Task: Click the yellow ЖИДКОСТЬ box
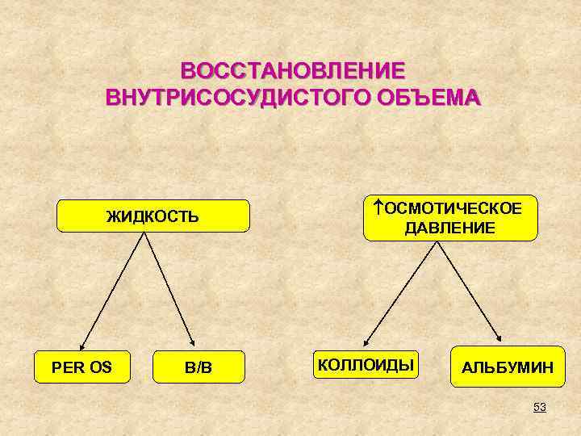[x=153, y=216]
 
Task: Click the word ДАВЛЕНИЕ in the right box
[x=450, y=228]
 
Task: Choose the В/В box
[x=199, y=368]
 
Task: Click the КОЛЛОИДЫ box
[x=366, y=365]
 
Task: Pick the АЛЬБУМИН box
[x=508, y=367]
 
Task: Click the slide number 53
[x=539, y=408]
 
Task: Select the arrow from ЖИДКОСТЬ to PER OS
[x=113, y=287]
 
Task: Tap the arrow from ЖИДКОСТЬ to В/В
[x=170, y=287]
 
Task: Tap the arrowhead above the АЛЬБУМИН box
[x=499, y=338]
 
